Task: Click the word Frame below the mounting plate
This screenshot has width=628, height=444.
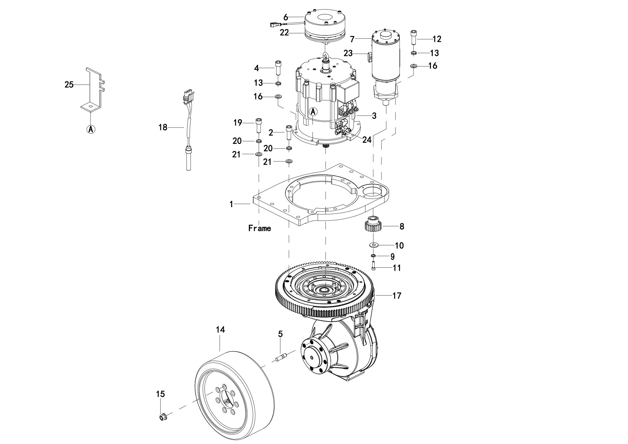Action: click(260, 228)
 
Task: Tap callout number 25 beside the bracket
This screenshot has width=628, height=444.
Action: click(69, 85)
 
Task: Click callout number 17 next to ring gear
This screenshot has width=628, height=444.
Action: click(397, 296)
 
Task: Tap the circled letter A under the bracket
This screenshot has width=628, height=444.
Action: click(91, 129)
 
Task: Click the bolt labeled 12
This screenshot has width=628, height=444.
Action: click(413, 38)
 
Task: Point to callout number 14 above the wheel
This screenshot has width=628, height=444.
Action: click(220, 330)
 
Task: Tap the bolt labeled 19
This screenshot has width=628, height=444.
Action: click(259, 126)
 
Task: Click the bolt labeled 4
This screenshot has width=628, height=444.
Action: click(278, 68)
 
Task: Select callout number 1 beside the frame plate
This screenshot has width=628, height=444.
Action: click(231, 204)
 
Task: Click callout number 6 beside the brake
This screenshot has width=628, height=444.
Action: click(286, 17)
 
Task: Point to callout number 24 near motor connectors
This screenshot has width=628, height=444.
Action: click(367, 140)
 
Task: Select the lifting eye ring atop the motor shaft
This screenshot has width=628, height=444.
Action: click(325, 58)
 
